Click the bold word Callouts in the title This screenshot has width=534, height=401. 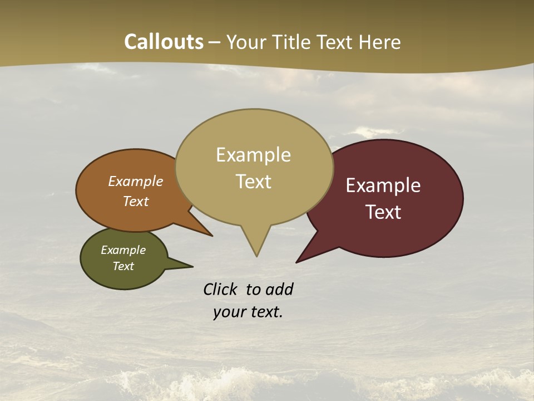coord(164,42)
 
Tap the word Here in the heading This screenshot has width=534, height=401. coord(381,42)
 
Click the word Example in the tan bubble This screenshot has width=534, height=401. coord(253,155)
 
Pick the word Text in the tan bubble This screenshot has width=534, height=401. coord(253,182)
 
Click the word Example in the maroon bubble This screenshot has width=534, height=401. coord(383,185)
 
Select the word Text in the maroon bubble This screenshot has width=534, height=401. coord(383,212)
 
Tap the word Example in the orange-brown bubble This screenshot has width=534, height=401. coord(136,182)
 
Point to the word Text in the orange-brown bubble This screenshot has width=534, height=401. coord(136,202)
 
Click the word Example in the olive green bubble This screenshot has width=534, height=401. coord(123,250)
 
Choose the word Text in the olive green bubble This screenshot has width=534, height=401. coord(123,266)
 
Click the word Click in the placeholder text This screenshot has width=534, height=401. coord(221,289)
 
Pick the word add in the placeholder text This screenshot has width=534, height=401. coord(279,289)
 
